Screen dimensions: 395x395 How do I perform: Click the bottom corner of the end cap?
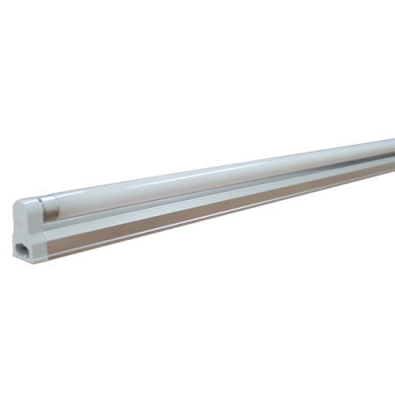point(26,261)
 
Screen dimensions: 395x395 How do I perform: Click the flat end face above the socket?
point(19,224)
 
